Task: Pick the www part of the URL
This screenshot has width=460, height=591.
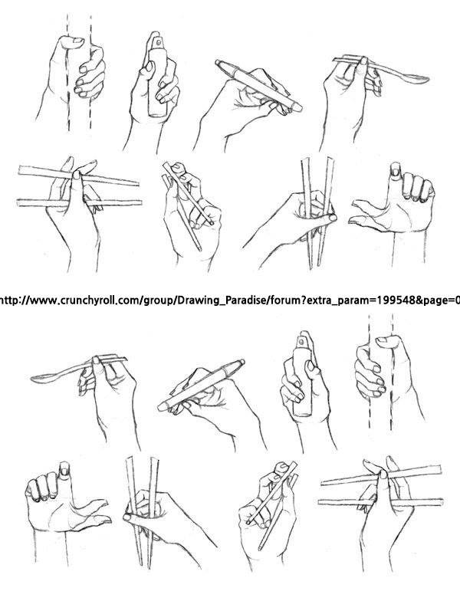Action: tap(42, 301)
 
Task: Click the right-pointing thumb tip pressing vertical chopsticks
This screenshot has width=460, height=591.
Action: tap(331, 218)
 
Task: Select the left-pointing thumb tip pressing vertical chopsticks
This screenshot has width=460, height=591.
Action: tap(128, 517)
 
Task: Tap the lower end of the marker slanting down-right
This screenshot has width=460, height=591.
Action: tap(297, 107)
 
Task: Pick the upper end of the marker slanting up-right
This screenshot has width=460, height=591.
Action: tap(239, 363)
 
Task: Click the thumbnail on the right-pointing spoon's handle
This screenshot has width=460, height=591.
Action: tap(363, 61)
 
